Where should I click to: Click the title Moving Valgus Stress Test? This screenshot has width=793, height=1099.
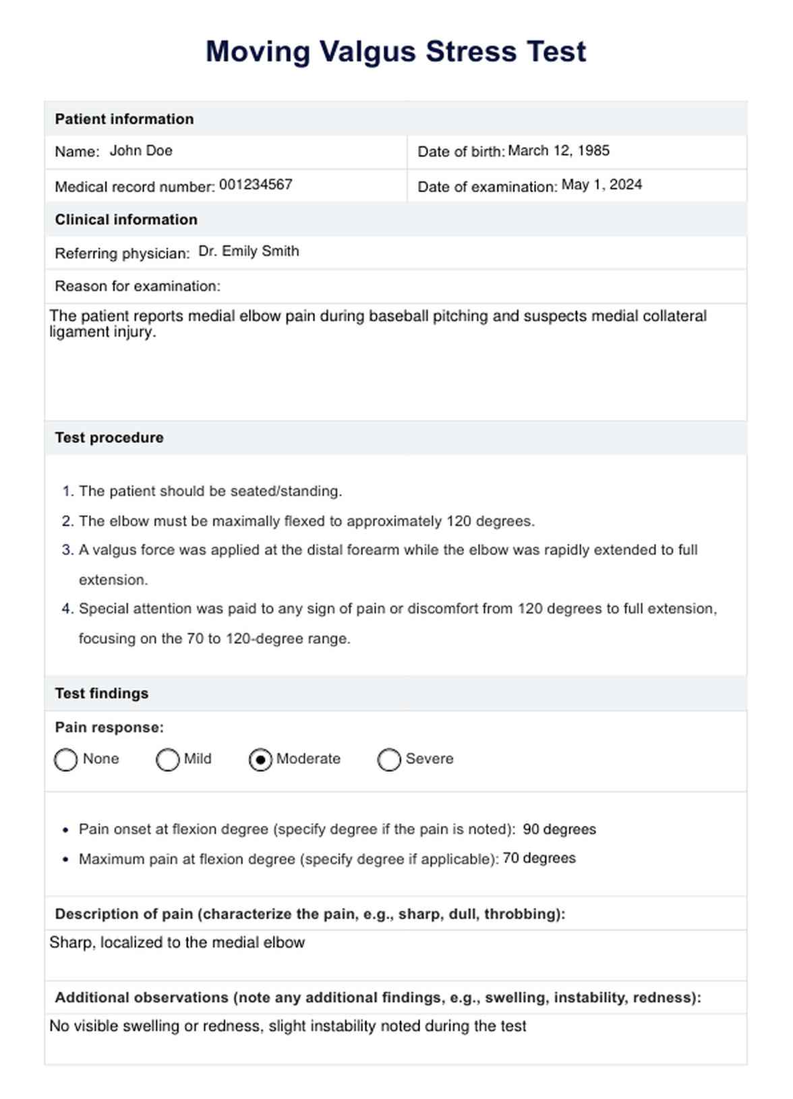[396, 52]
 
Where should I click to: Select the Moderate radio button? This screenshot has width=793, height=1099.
[260, 760]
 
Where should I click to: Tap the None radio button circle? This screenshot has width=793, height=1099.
[65, 760]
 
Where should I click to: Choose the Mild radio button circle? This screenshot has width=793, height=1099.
[167, 760]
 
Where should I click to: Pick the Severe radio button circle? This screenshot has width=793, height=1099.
[389, 760]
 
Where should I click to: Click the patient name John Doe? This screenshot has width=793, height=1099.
[141, 151]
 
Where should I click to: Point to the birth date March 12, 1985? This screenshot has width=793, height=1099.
[558, 151]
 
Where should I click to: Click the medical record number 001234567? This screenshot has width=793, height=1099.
[256, 185]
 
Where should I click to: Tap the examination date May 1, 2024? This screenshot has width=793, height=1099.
[601, 185]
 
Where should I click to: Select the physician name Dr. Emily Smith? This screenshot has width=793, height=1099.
[248, 251]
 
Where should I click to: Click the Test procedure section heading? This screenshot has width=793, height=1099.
[109, 438]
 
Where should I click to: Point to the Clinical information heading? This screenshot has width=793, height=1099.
[126, 220]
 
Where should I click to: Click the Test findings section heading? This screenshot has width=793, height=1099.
[102, 693]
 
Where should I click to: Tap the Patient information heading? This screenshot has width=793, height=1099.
[124, 119]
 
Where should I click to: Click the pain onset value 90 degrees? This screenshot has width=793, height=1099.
[559, 829]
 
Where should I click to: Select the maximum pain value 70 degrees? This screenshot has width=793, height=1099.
[539, 858]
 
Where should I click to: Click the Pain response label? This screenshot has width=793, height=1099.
[109, 727]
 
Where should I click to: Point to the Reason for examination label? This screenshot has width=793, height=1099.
[138, 287]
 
